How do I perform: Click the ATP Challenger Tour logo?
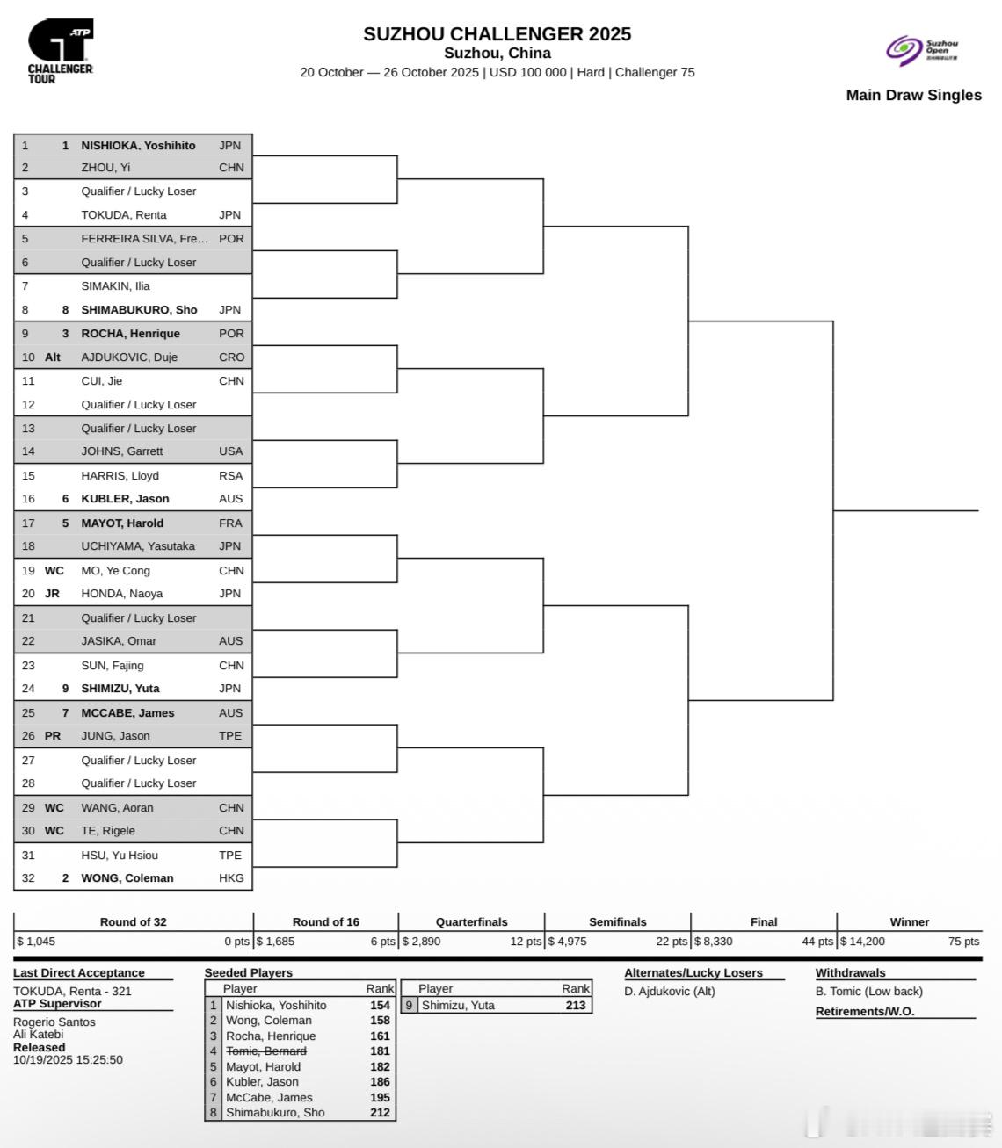point(60,52)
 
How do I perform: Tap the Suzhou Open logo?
point(922,50)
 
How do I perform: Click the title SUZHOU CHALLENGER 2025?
point(497,34)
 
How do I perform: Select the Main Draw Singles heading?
point(913,95)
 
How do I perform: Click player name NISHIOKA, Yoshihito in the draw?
point(138,146)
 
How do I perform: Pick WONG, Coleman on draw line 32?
point(127,877)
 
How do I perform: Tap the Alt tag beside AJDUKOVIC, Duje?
point(53,357)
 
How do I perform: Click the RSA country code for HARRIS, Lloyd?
point(230,475)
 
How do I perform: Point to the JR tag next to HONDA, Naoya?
point(52,594)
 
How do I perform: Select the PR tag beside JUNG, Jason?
point(53,736)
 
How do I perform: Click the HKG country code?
point(231,877)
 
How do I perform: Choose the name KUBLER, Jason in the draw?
point(125,499)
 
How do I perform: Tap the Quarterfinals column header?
point(471,921)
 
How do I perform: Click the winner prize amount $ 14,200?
point(862,942)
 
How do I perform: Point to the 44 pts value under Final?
point(817,942)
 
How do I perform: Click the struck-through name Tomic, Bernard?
point(265,1051)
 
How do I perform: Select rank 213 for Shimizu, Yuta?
point(576,1006)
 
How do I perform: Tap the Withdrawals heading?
point(850,972)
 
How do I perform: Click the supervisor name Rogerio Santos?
point(54,1022)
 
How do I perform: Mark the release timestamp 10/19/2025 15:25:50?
point(68,1060)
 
